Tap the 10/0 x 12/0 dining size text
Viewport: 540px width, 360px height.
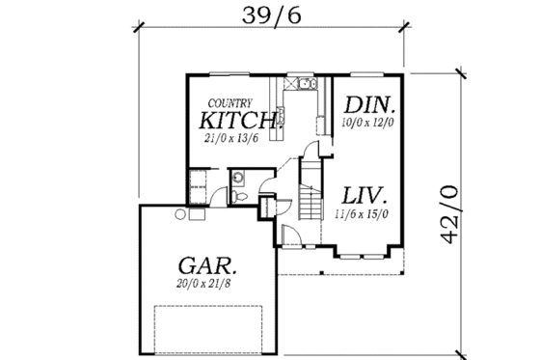pos(369,124)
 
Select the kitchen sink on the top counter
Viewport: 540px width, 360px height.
pos(307,84)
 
